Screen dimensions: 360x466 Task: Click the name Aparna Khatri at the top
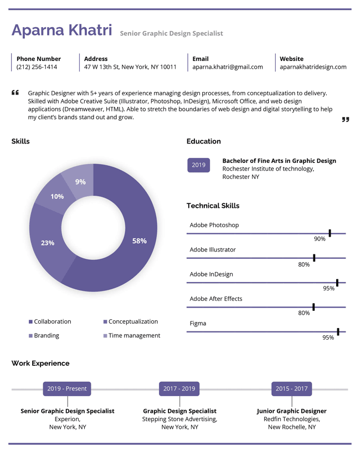[x=62, y=30]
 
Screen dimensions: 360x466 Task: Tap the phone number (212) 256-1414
[x=37, y=67]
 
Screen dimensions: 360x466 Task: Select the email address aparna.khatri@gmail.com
[x=228, y=67]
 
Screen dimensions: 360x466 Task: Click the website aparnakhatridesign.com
[x=313, y=67]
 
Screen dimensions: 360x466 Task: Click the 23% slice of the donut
[x=48, y=243]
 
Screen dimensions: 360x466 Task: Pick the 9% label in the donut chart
[x=80, y=182]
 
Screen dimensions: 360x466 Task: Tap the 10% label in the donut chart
[x=57, y=197]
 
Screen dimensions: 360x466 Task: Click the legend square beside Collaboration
[x=30, y=321]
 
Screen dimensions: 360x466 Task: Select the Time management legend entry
[x=132, y=336]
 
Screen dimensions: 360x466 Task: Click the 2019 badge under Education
[x=198, y=165]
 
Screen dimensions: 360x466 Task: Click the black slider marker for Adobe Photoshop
[x=330, y=233]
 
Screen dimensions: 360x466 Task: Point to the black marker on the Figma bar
[x=338, y=332]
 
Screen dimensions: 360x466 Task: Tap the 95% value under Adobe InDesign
[x=329, y=288]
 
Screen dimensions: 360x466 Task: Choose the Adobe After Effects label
[x=216, y=299]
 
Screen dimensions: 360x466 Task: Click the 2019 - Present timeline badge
[x=67, y=389]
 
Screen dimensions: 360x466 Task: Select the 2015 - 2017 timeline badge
[x=292, y=389]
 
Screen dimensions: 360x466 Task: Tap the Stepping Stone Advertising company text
[x=179, y=419]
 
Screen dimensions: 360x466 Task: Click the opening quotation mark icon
[x=15, y=93]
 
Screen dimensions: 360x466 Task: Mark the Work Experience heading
[x=40, y=363]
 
